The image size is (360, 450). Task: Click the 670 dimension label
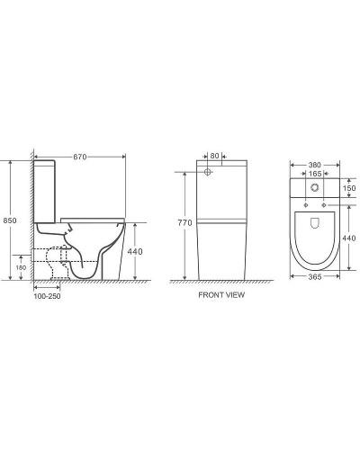(80, 157)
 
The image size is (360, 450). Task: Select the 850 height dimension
(10, 220)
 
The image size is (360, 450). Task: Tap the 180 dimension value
(21, 267)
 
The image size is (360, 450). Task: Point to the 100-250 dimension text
(47, 296)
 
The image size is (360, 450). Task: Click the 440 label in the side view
(135, 252)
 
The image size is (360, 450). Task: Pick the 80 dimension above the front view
(214, 156)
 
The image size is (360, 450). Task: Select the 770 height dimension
(184, 223)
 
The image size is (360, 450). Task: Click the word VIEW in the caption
(236, 295)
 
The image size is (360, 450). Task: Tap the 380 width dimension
(315, 165)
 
